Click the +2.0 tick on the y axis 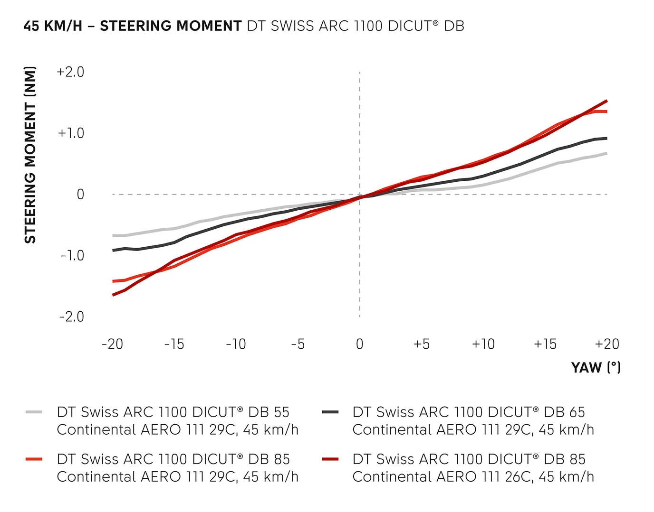click(x=70, y=72)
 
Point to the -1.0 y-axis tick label click(x=72, y=256)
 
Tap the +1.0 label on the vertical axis click(x=71, y=133)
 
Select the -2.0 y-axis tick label click(x=71, y=317)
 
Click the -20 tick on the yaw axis click(x=112, y=344)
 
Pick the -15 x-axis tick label click(x=174, y=344)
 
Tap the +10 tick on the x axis click(x=483, y=344)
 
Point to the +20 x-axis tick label click(x=607, y=344)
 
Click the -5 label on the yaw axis click(x=298, y=344)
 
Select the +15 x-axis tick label click(x=545, y=344)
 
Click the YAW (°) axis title click(x=596, y=367)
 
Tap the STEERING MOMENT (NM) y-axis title click(x=30, y=155)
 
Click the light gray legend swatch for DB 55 click(x=34, y=412)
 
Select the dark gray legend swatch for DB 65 click(x=330, y=412)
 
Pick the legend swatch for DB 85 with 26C click(x=330, y=459)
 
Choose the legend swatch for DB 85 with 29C click(x=34, y=459)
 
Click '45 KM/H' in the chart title click(x=52, y=26)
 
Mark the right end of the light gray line click(x=607, y=153)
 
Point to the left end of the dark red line click(x=113, y=295)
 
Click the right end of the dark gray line click(x=607, y=138)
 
